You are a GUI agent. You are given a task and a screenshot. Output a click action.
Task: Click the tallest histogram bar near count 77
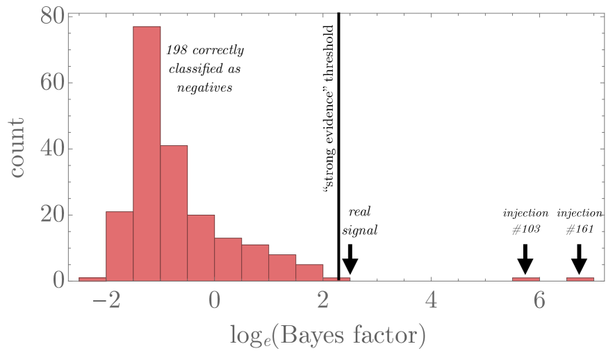click(147, 153)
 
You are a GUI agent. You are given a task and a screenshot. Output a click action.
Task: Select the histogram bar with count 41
click(174, 213)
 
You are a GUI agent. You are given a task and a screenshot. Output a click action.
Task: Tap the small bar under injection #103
click(525, 279)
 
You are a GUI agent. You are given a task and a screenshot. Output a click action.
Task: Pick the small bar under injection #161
click(580, 279)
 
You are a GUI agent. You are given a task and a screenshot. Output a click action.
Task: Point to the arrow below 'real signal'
click(350, 259)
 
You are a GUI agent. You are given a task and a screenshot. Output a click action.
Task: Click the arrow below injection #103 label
click(525, 259)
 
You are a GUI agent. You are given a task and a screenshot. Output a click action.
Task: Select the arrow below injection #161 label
click(579, 259)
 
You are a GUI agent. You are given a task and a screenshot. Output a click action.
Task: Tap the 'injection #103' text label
click(526, 221)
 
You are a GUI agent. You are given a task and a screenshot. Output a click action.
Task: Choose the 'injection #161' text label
click(580, 221)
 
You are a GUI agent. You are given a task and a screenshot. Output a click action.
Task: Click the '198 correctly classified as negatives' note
click(204, 69)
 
